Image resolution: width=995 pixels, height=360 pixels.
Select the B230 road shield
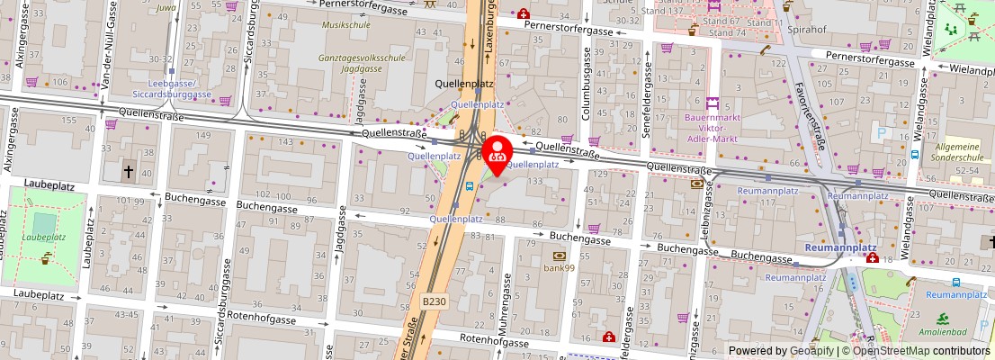click(434, 301)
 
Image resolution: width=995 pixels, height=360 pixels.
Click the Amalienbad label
click(954, 333)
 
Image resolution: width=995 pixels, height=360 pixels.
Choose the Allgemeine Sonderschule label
click(959, 151)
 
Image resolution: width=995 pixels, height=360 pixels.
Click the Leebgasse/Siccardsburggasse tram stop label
click(170, 87)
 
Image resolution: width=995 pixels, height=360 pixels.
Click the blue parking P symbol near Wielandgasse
click(882, 132)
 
